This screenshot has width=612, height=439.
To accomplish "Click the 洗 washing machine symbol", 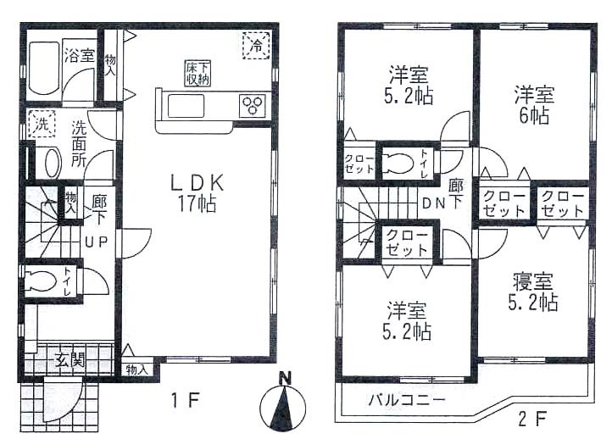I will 40,124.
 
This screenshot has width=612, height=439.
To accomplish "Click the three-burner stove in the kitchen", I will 253,106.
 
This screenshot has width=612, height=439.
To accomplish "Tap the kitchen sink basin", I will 191,107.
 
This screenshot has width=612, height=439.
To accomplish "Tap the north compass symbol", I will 286,405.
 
